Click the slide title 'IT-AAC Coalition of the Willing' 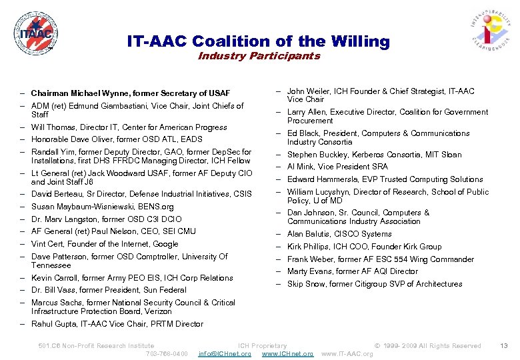258,41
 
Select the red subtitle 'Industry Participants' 259,56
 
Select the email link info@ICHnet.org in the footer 225,353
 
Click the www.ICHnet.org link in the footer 287,353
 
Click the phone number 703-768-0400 167,353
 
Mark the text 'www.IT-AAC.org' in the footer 347,353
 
